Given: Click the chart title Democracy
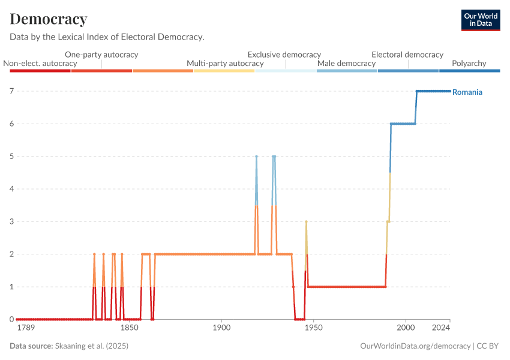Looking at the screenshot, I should (x=49, y=19).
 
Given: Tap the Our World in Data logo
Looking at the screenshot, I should (x=481, y=20).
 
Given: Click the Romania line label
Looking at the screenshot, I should (x=467, y=92).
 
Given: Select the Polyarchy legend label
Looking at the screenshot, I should (x=469, y=63).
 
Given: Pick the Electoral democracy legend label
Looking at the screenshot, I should (x=407, y=55).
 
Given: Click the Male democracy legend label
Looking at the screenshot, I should (x=346, y=63).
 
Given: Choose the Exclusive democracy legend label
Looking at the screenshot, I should (x=284, y=55).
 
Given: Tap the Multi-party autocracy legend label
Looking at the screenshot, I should (x=225, y=63).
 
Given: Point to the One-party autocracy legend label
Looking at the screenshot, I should (x=101, y=55).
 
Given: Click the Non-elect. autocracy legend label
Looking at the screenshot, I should (x=40, y=63).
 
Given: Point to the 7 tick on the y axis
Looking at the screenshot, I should (x=11, y=91).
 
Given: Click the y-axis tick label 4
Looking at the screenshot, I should (x=11, y=189).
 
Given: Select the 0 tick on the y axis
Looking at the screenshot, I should (x=11, y=319).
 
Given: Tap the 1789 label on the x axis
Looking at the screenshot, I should (x=26, y=328).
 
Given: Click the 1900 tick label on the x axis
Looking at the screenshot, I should (x=221, y=328).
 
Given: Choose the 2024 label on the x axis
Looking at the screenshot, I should (x=441, y=328).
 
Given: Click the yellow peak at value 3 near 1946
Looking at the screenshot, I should (x=306, y=222).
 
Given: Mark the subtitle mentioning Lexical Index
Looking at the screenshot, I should (x=107, y=37).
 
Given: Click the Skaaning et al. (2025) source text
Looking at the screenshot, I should (x=92, y=346).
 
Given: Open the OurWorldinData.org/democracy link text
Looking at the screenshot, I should (x=415, y=346).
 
